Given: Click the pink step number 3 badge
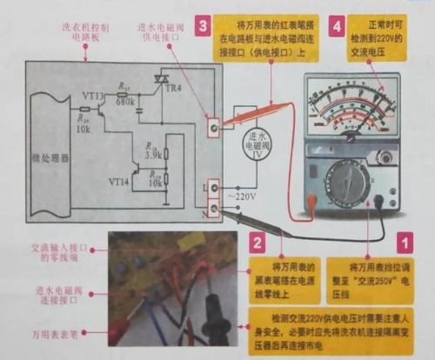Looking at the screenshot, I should click(x=202, y=27).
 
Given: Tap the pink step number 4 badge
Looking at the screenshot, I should click(x=337, y=27).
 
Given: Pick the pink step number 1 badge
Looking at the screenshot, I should click(x=404, y=236).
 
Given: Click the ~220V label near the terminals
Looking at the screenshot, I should click(x=241, y=197).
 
